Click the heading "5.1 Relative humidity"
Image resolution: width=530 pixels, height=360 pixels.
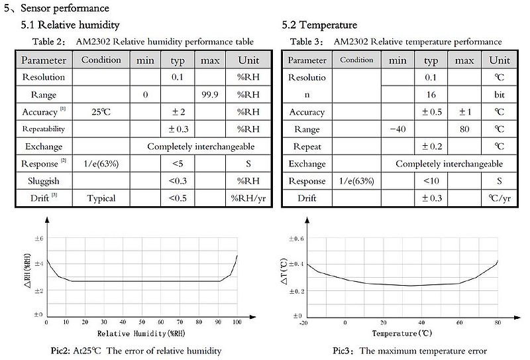point(70,25)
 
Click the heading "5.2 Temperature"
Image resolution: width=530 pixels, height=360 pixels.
point(319,25)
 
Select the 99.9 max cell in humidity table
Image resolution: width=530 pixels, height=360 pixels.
point(210,95)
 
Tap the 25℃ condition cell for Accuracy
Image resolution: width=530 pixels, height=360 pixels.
point(101,112)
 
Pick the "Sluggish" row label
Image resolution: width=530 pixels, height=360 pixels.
point(44,181)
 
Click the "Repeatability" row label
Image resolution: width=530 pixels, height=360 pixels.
point(44,129)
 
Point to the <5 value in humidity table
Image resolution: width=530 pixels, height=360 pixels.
point(178,164)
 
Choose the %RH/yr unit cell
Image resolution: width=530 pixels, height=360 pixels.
point(252,198)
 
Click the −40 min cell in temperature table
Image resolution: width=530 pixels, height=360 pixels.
point(397,129)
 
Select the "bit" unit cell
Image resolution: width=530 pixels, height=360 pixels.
point(500,95)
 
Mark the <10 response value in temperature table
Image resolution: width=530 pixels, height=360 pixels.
point(431,181)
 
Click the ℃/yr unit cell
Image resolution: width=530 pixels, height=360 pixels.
point(500,198)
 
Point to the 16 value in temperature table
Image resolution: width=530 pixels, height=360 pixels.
point(431,95)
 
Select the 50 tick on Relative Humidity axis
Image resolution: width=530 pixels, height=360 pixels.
point(141,322)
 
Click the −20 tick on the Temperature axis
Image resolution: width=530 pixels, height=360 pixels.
point(303,322)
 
